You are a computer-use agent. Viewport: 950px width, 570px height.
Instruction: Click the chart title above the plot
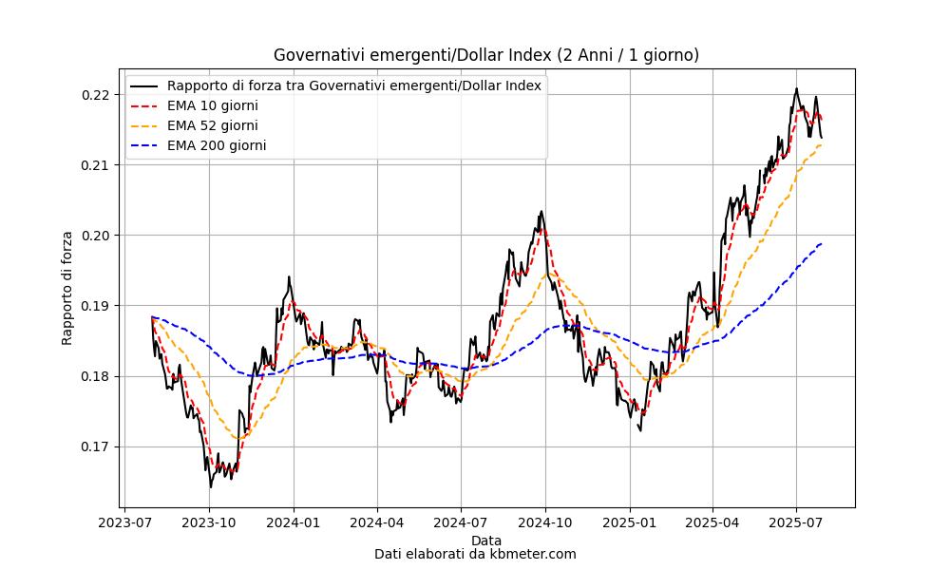(486, 55)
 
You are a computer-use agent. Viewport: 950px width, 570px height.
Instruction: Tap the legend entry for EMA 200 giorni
(216, 145)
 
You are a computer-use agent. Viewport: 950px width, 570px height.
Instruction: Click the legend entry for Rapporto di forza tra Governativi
(353, 85)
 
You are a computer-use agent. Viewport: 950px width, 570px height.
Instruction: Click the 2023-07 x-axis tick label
(125, 522)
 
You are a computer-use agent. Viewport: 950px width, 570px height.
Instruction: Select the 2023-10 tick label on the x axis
(209, 522)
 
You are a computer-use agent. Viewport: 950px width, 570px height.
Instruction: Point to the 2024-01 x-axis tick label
(294, 522)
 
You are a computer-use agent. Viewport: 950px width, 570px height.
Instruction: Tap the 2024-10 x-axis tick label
(545, 522)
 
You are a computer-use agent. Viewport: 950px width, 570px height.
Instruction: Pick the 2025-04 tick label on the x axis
(712, 522)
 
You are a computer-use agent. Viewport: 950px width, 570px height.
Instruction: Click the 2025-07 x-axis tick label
(796, 522)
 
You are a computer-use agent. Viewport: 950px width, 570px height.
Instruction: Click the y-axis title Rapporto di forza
(67, 288)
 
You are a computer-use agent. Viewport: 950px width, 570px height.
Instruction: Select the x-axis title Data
(486, 541)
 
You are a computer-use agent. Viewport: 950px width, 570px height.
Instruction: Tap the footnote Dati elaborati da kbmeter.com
(475, 554)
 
